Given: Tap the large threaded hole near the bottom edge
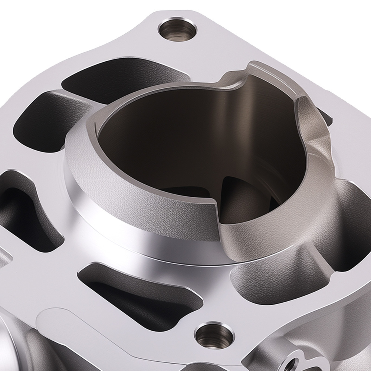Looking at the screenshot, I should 210,335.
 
